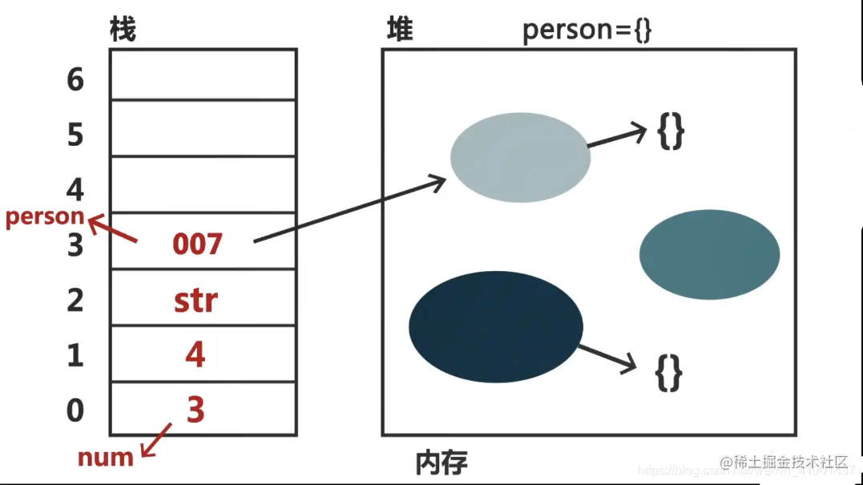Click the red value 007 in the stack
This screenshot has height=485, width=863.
click(x=197, y=243)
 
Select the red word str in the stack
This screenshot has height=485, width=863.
click(x=196, y=301)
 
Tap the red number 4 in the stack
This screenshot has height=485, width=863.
click(x=196, y=354)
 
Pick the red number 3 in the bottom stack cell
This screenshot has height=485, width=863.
click(x=196, y=409)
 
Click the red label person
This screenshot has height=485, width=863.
click(x=45, y=217)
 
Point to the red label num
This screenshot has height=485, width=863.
click(x=105, y=458)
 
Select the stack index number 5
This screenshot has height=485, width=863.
click(x=75, y=135)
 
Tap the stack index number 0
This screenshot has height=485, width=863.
click(x=75, y=410)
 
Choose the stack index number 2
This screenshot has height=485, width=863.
click(x=75, y=301)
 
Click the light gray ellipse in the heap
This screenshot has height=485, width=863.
click(x=520, y=157)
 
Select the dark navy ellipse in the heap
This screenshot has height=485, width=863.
click(x=496, y=325)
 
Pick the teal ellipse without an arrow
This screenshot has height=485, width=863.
click(x=709, y=254)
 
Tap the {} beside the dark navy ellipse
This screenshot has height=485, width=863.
click(x=668, y=373)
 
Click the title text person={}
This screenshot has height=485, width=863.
click(x=587, y=30)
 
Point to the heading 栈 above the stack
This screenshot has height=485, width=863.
click(x=123, y=30)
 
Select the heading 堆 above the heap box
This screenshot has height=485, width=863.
click(x=400, y=30)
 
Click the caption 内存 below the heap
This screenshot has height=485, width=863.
click(x=442, y=463)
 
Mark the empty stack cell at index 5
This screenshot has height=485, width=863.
click(x=203, y=127)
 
